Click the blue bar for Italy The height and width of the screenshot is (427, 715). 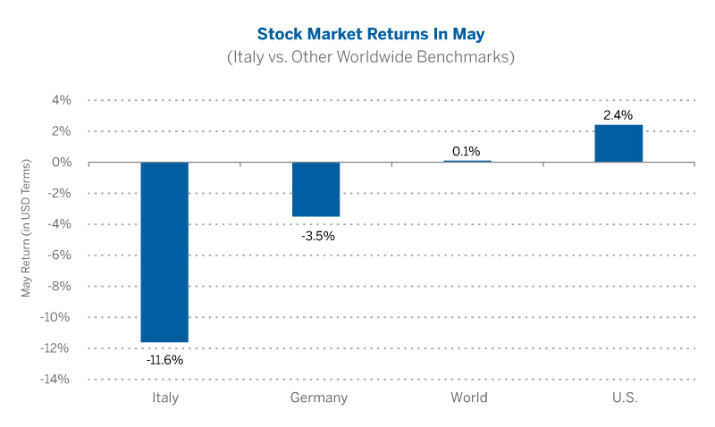(x=164, y=251)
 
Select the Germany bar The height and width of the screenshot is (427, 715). (x=315, y=189)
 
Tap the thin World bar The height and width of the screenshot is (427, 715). (x=467, y=161)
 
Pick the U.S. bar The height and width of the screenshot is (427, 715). (x=618, y=144)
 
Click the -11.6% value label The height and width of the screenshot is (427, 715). (x=164, y=360)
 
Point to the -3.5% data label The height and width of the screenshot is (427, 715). (x=315, y=236)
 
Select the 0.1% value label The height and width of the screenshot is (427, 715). (x=467, y=151)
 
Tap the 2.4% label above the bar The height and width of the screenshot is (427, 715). (x=618, y=115)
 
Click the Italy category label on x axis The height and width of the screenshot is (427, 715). (x=164, y=398)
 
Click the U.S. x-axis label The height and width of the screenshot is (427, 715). (x=618, y=398)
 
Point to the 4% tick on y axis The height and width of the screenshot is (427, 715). (x=61, y=100)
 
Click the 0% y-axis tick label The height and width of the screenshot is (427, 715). (x=61, y=162)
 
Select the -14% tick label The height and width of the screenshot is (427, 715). (x=55, y=379)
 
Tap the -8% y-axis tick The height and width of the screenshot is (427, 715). (x=58, y=286)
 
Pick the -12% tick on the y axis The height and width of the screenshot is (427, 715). (x=55, y=347)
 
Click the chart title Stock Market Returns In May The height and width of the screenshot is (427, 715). (x=357, y=34)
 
